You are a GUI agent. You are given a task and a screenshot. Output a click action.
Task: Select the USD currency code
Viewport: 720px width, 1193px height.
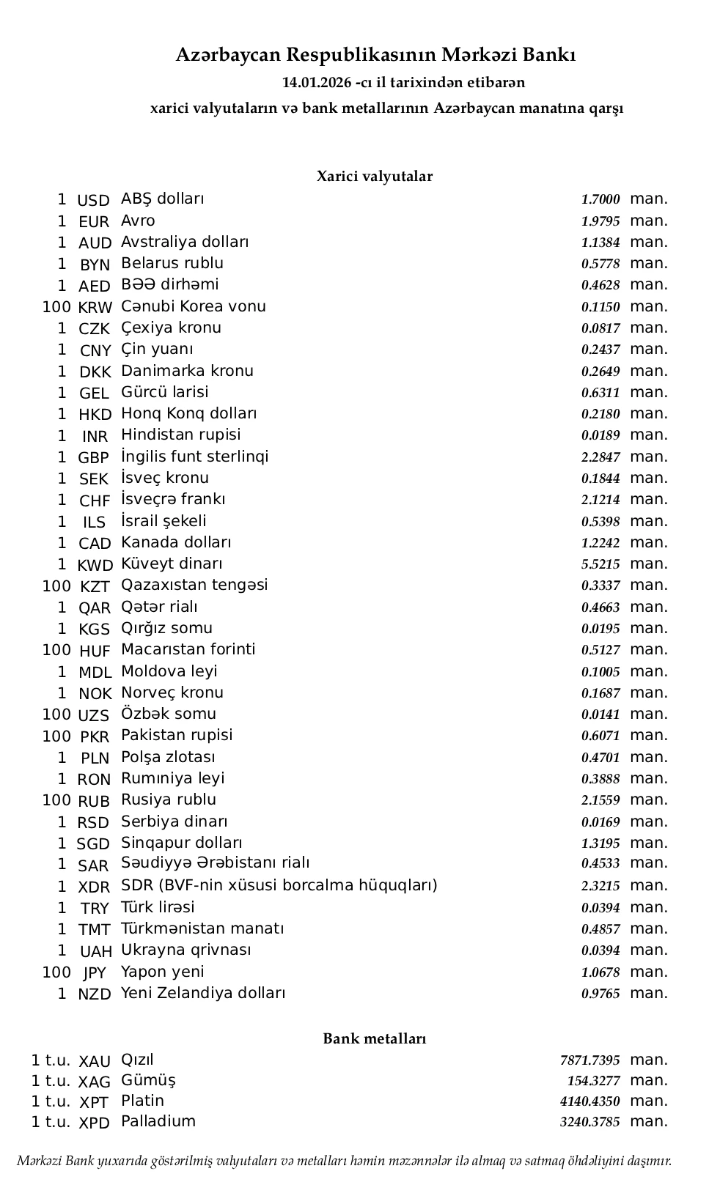coord(93,200)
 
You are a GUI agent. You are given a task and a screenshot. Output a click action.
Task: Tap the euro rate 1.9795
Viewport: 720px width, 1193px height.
coord(600,221)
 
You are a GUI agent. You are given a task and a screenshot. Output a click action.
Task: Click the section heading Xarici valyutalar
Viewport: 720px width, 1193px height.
coord(374,177)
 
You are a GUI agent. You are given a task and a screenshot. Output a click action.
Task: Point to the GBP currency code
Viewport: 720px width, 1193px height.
coord(93,458)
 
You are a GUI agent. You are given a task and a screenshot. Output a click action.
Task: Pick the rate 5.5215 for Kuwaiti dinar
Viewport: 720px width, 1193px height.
coord(600,564)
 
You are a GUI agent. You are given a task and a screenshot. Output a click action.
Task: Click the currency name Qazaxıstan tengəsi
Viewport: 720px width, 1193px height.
coord(194,585)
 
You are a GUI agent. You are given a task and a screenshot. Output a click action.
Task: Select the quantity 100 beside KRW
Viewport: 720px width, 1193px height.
coord(56,307)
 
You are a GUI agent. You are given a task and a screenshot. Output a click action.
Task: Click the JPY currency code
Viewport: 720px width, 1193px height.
coord(95,973)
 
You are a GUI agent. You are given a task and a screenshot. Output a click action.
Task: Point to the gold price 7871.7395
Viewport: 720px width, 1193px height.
coord(589,1060)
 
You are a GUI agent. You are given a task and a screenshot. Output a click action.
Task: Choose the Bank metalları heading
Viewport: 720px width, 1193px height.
coord(374,1038)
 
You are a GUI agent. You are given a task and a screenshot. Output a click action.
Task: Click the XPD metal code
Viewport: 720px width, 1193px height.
coord(94,1123)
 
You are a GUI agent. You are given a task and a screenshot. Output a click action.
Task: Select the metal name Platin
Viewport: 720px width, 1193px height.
coord(142,1101)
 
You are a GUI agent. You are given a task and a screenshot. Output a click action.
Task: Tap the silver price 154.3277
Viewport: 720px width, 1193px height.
coord(593,1081)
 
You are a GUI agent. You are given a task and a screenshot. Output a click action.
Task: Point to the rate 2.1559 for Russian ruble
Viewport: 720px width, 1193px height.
coord(600,800)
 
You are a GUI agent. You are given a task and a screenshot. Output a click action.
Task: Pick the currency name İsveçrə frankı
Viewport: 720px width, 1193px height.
coord(173,499)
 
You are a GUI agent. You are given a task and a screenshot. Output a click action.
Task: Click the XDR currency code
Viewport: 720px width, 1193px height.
coord(94,887)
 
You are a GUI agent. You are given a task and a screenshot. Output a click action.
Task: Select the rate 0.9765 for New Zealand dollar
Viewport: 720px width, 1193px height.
coord(600,994)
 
